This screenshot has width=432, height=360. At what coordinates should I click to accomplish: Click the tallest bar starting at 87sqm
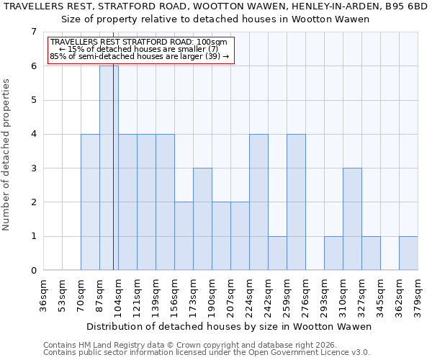(x=109, y=168)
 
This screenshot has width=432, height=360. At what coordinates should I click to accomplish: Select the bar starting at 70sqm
(x=90, y=202)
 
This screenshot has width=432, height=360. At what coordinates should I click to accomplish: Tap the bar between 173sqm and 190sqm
(x=202, y=219)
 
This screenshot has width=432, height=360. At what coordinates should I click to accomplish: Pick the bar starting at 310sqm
(x=352, y=219)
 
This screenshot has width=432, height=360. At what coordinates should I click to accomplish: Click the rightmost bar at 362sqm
(x=408, y=253)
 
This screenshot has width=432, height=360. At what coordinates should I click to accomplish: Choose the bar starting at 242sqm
(x=277, y=253)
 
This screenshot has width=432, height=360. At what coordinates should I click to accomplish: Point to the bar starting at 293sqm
(x=333, y=253)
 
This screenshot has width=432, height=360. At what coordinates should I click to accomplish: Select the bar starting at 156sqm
(x=184, y=236)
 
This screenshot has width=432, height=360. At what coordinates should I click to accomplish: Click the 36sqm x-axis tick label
(x=44, y=295)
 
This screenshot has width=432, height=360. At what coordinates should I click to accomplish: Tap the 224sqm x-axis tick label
(x=250, y=295)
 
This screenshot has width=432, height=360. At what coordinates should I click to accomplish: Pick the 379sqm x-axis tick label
(x=418, y=295)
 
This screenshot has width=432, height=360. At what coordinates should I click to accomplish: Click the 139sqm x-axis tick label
(x=156, y=295)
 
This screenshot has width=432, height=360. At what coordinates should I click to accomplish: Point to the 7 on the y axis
(x=33, y=32)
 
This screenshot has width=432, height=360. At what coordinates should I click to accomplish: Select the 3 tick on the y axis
(x=33, y=168)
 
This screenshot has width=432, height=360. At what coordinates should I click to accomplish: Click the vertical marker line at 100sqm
(x=114, y=180)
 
